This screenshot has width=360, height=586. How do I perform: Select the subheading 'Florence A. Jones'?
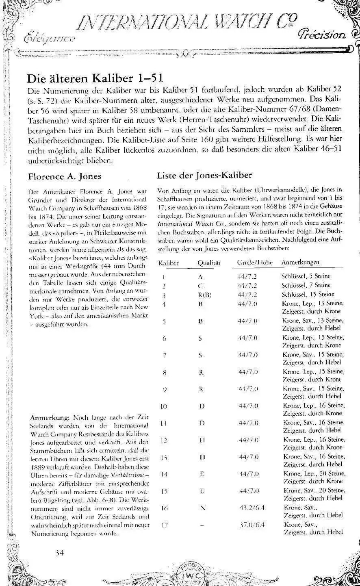64,177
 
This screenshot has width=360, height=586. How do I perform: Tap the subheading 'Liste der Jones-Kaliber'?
205,175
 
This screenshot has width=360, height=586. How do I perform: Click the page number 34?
60,552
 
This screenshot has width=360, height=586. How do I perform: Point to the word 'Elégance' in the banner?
49,39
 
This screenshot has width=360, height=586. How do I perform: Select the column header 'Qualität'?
209,263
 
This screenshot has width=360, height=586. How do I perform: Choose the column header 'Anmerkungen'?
300,262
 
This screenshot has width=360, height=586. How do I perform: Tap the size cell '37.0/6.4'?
252,525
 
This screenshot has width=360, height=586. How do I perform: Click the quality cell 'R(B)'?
204,294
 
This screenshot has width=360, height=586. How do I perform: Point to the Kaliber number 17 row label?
164,525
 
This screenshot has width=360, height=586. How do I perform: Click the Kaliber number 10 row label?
164,406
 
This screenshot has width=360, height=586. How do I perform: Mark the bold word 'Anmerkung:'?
49,417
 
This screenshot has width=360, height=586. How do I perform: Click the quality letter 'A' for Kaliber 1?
200,277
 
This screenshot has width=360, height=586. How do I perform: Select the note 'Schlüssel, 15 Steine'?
308,294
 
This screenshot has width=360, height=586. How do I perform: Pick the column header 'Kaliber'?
168,263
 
